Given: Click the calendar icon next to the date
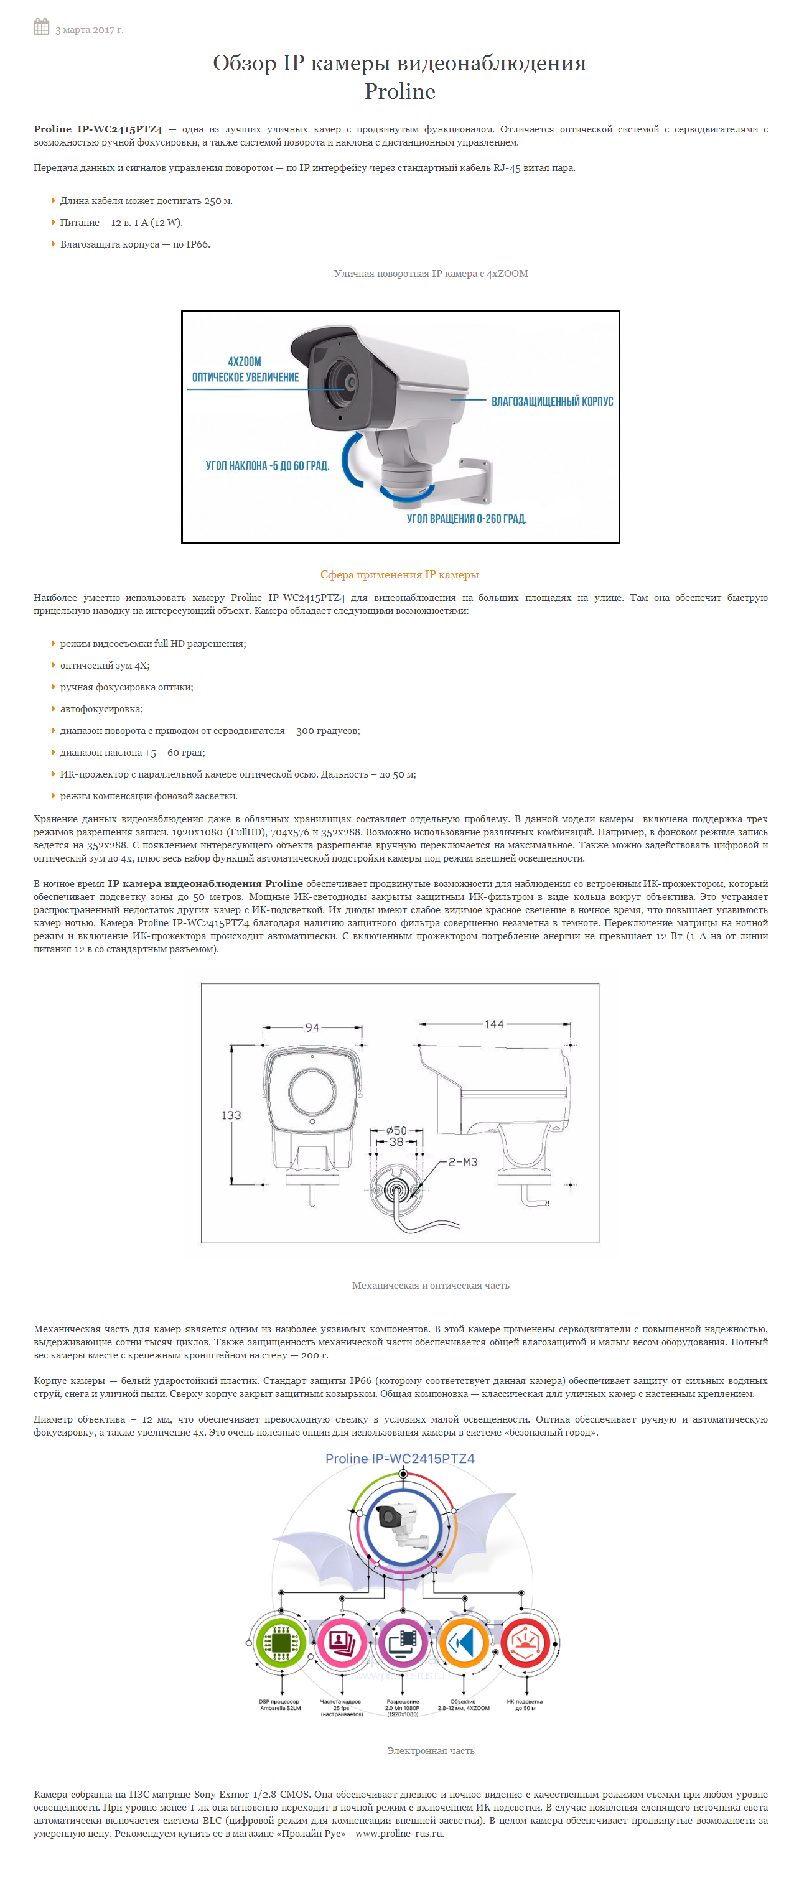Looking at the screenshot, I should pos(41,27).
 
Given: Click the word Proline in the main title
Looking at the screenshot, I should pos(399,91).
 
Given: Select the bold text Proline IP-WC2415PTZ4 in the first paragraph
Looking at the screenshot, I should pos(98,129).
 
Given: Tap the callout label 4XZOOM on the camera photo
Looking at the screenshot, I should pos(244,361).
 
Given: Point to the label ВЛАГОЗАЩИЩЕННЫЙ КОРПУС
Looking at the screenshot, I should pos(551,402).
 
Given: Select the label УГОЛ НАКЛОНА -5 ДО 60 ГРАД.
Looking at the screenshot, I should pos(268,466).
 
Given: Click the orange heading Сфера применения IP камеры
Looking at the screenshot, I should pos(399,575).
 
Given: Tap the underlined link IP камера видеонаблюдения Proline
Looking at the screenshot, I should pos(205,883).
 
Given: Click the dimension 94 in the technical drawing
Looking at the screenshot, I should pos(312,1028).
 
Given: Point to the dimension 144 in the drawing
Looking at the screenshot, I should pos(494,1024).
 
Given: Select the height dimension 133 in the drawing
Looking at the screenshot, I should pos(231,1115).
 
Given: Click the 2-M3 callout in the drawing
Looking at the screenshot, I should pos(462,1162).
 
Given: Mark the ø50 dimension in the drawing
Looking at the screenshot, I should pos(396,1130).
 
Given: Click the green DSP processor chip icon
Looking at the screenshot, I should pos(281,1643).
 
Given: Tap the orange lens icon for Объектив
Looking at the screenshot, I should pos(463,1643).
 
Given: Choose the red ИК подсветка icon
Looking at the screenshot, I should pos(525,1643).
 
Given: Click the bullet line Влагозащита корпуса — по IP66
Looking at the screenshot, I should pos(135,244).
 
